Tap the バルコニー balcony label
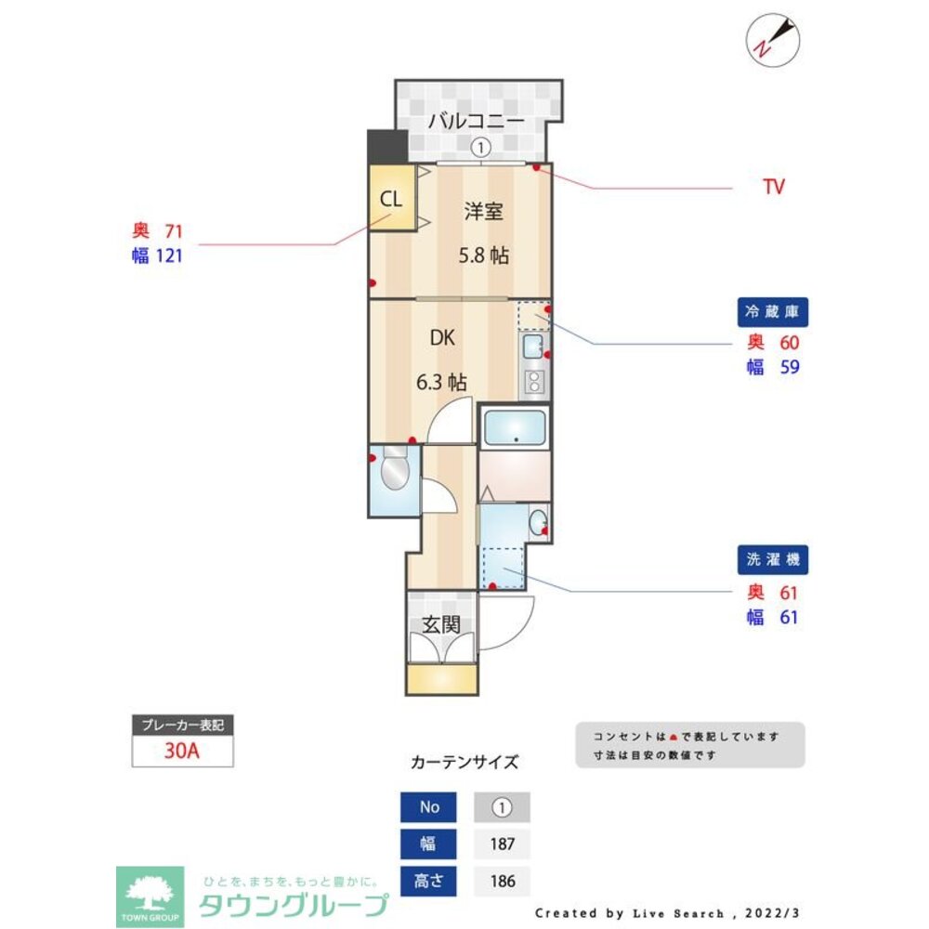click(x=476, y=121)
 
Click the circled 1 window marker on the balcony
click(x=479, y=147)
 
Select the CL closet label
click(x=391, y=199)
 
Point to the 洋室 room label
click(x=484, y=212)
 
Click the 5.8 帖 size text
click(x=484, y=255)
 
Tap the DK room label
click(x=441, y=338)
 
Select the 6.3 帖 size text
click(x=440, y=381)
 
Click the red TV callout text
click(x=773, y=187)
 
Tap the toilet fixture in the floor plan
click(x=393, y=470)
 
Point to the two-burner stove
click(x=535, y=380)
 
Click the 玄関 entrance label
click(x=441, y=624)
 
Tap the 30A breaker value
click(x=182, y=752)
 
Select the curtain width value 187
click(x=502, y=844)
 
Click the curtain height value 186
click(x=502, y=881)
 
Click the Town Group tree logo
click(x=149, y=896)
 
